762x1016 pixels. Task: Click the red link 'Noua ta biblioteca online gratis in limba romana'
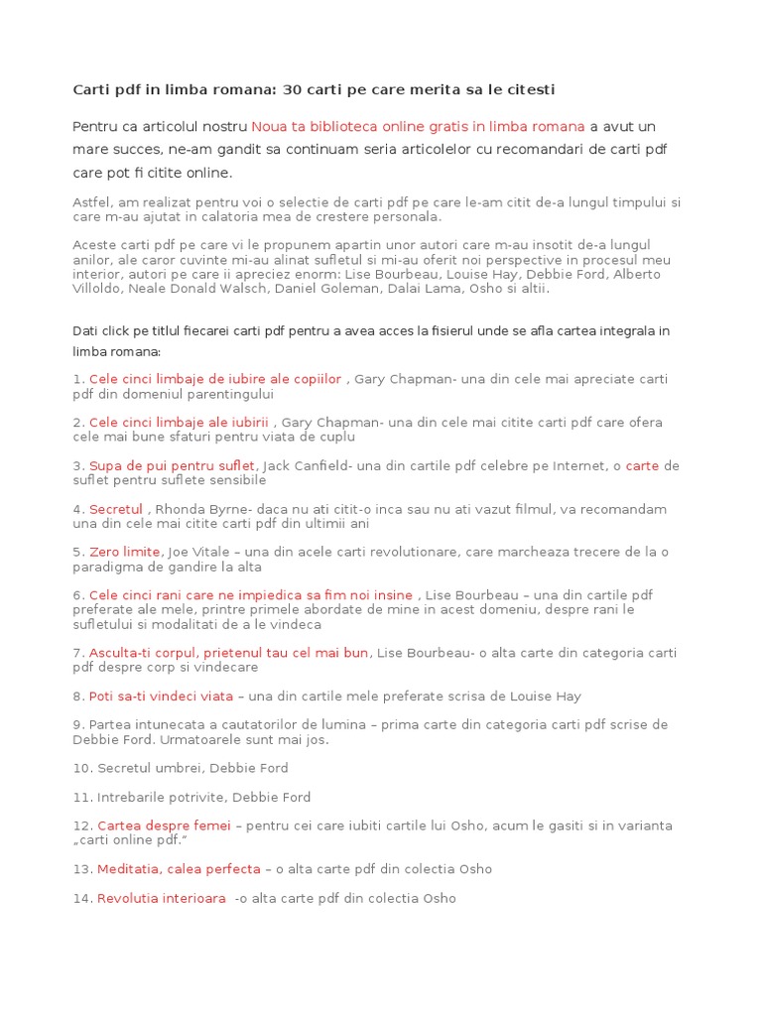(x=418, y=127)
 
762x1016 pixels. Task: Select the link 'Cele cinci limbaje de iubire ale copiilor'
(x=215, y=379)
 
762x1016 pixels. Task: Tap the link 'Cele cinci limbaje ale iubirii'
(x=179, y=423)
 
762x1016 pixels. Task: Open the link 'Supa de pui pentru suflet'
(x=173, y=466)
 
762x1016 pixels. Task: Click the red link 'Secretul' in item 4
(x=116, y=510)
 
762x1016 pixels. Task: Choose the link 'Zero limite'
(x=125, y=553)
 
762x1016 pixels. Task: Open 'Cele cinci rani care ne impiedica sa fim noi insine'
(x=251, y=595)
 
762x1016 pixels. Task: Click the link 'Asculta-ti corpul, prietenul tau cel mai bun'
(x=228, y=653)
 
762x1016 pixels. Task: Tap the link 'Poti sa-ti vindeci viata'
(x=161, y=697)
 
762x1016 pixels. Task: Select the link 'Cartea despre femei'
(x=164, y=825)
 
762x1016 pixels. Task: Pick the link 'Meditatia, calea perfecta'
(x=179, y=869)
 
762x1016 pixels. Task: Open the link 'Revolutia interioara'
(x=161, y=899)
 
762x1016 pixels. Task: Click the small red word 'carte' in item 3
(x=642, y=466)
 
